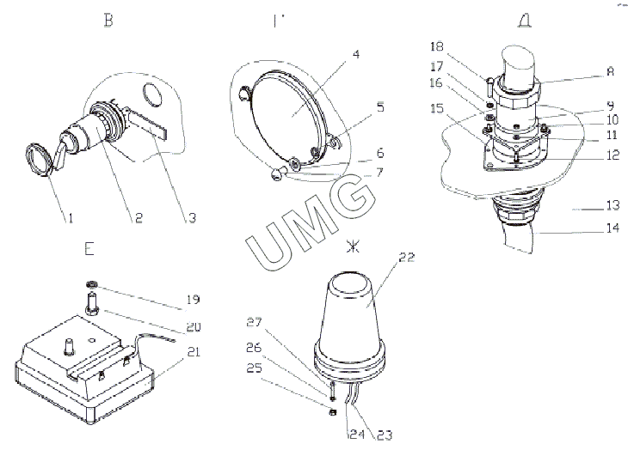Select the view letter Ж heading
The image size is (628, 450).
350,247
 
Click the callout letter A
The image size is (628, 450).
587,74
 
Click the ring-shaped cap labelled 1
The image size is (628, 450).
38,159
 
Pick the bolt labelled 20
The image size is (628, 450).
90,303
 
